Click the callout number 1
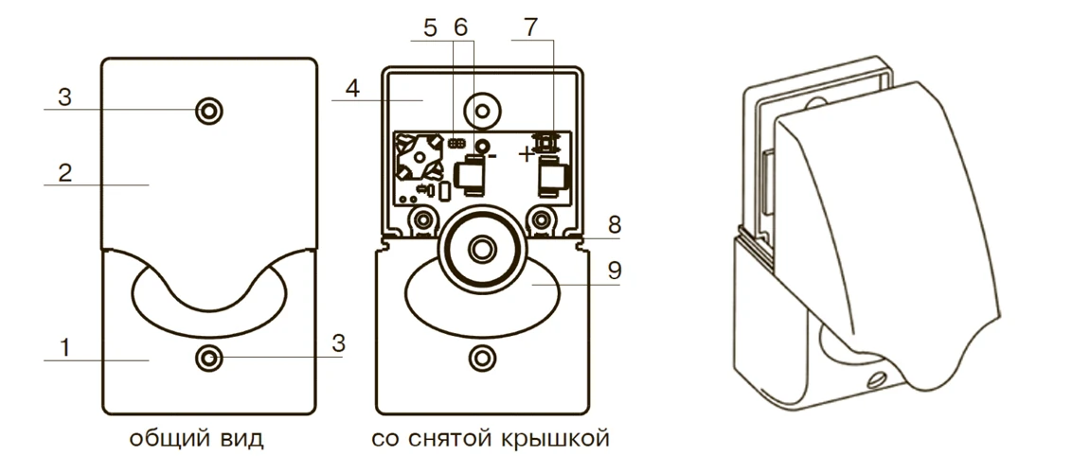click(x=65, y=347)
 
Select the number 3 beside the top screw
click(x=65, y=98)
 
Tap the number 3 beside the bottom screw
click(x=338, y=344)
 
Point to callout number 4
click(x=351, y=89)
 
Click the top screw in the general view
click(x=208, y=111)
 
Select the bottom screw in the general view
click(x=208, y=358)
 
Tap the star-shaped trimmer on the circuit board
click(x=418, y=160)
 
